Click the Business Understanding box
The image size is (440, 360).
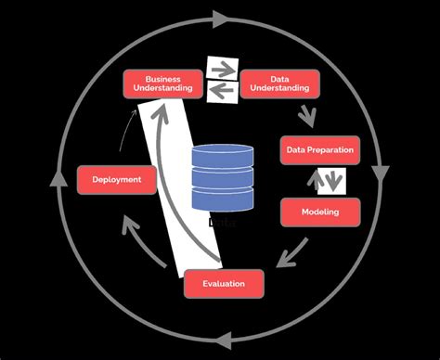162,84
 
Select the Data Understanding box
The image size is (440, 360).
279,84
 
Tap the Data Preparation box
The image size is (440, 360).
319,149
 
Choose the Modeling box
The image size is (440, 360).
319,212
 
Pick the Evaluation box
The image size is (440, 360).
224,284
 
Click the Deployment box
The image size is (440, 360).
116,179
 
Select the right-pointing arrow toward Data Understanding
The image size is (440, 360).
224,69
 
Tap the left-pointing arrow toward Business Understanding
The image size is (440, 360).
222,90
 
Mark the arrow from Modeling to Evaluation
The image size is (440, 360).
295,249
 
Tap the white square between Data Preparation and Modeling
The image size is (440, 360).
331,181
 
